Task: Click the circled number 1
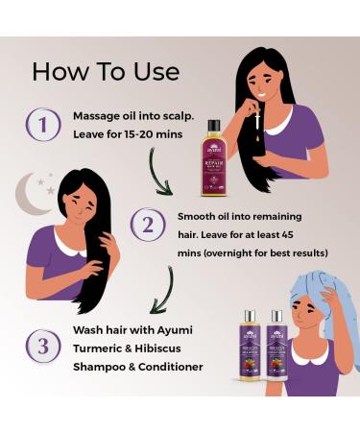[42, 125]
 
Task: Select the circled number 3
[42, 346]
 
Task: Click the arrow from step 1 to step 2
[164, 171]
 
